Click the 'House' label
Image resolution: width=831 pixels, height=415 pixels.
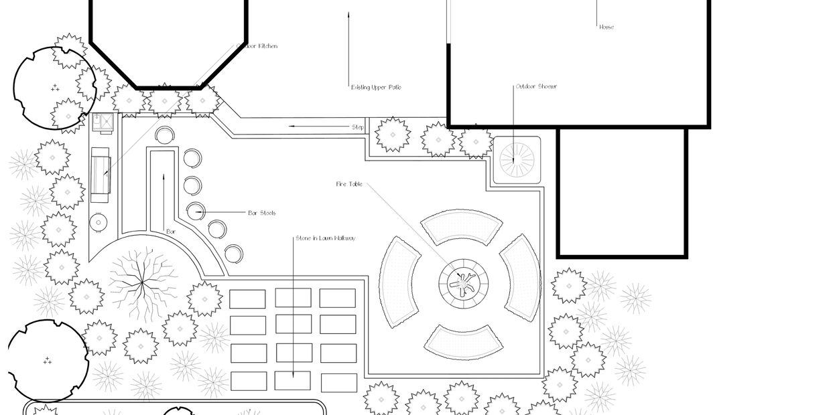[x=606, y=27]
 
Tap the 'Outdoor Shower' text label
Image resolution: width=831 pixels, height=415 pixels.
[x=536, y=86]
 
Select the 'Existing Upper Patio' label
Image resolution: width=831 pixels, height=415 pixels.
[x=376, y=88]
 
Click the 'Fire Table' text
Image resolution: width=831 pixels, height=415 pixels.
[x=349, y=184]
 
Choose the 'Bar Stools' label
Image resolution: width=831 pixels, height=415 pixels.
[x=261, y=214]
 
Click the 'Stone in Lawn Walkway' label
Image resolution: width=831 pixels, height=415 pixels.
[x=325, y=238]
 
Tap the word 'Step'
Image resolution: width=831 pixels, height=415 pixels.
[x=358, y=127]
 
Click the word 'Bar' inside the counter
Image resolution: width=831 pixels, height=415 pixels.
[x=171, y=232]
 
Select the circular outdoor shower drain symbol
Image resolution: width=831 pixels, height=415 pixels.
[x=517, y=160]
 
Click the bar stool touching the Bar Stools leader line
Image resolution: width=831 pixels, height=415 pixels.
[x=194, y=211]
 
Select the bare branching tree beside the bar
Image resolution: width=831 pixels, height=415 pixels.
[x=142, y=281]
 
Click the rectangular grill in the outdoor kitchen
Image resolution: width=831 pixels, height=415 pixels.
[x=101, y=174]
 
